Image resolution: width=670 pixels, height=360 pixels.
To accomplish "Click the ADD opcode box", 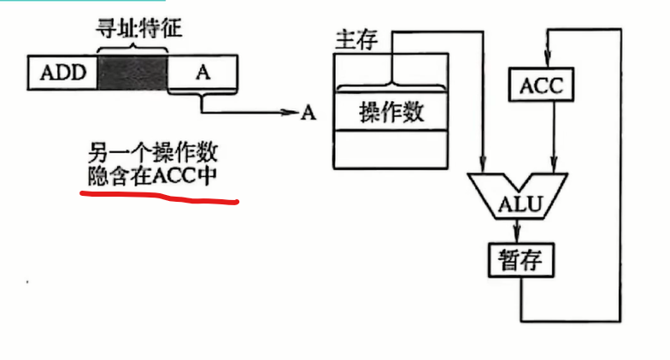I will point(63,73).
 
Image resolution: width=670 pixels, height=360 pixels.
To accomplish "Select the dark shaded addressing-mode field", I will point(132,73).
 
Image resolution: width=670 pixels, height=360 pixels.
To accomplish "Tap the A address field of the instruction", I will point(203,73).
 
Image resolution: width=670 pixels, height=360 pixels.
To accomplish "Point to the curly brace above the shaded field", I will point(132,47).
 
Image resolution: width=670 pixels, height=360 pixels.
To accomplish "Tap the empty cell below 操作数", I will point(391,150).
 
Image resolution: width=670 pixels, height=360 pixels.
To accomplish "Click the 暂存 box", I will point(520,257).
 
